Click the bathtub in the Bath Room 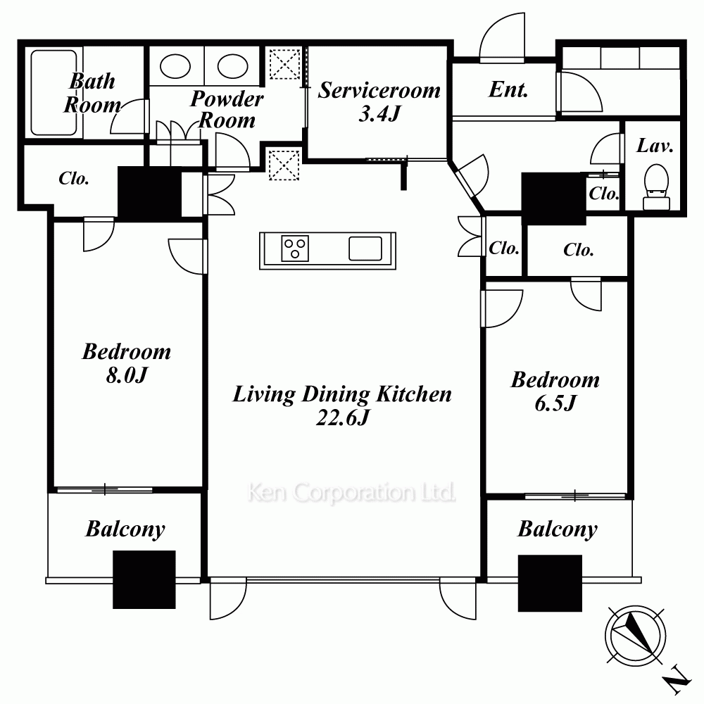pyautogui.click(x=54, y=92)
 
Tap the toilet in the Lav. pyautogui.click(x=656, y=187)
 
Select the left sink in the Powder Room pyautogui.click(x=175, y=66)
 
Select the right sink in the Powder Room pyautogui.click(x=232, y=66)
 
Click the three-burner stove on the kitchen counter pyautogui.click(x=295, y=249)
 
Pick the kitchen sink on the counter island pyautogui.click(x=365, y=249)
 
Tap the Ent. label pyautogui.click(x=508, y=89)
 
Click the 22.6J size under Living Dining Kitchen pyautogui.click(x=343, y=418)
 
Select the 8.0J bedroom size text pyautogui.click(x=127, y=375)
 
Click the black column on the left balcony pyautogui.click(x=144, y=579)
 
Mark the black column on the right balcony pyautogui.click(x=550, y=583)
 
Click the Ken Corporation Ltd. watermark pyautogui.click(x=351, y=493)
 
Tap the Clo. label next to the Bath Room pyautogui.click(x=74, y=179)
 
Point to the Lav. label pyautogui.click(x=655, y=146)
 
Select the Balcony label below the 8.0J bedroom pyautogui.click(x=125, y=529)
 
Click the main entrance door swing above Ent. pyautogui.click(x=502, y=38)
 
